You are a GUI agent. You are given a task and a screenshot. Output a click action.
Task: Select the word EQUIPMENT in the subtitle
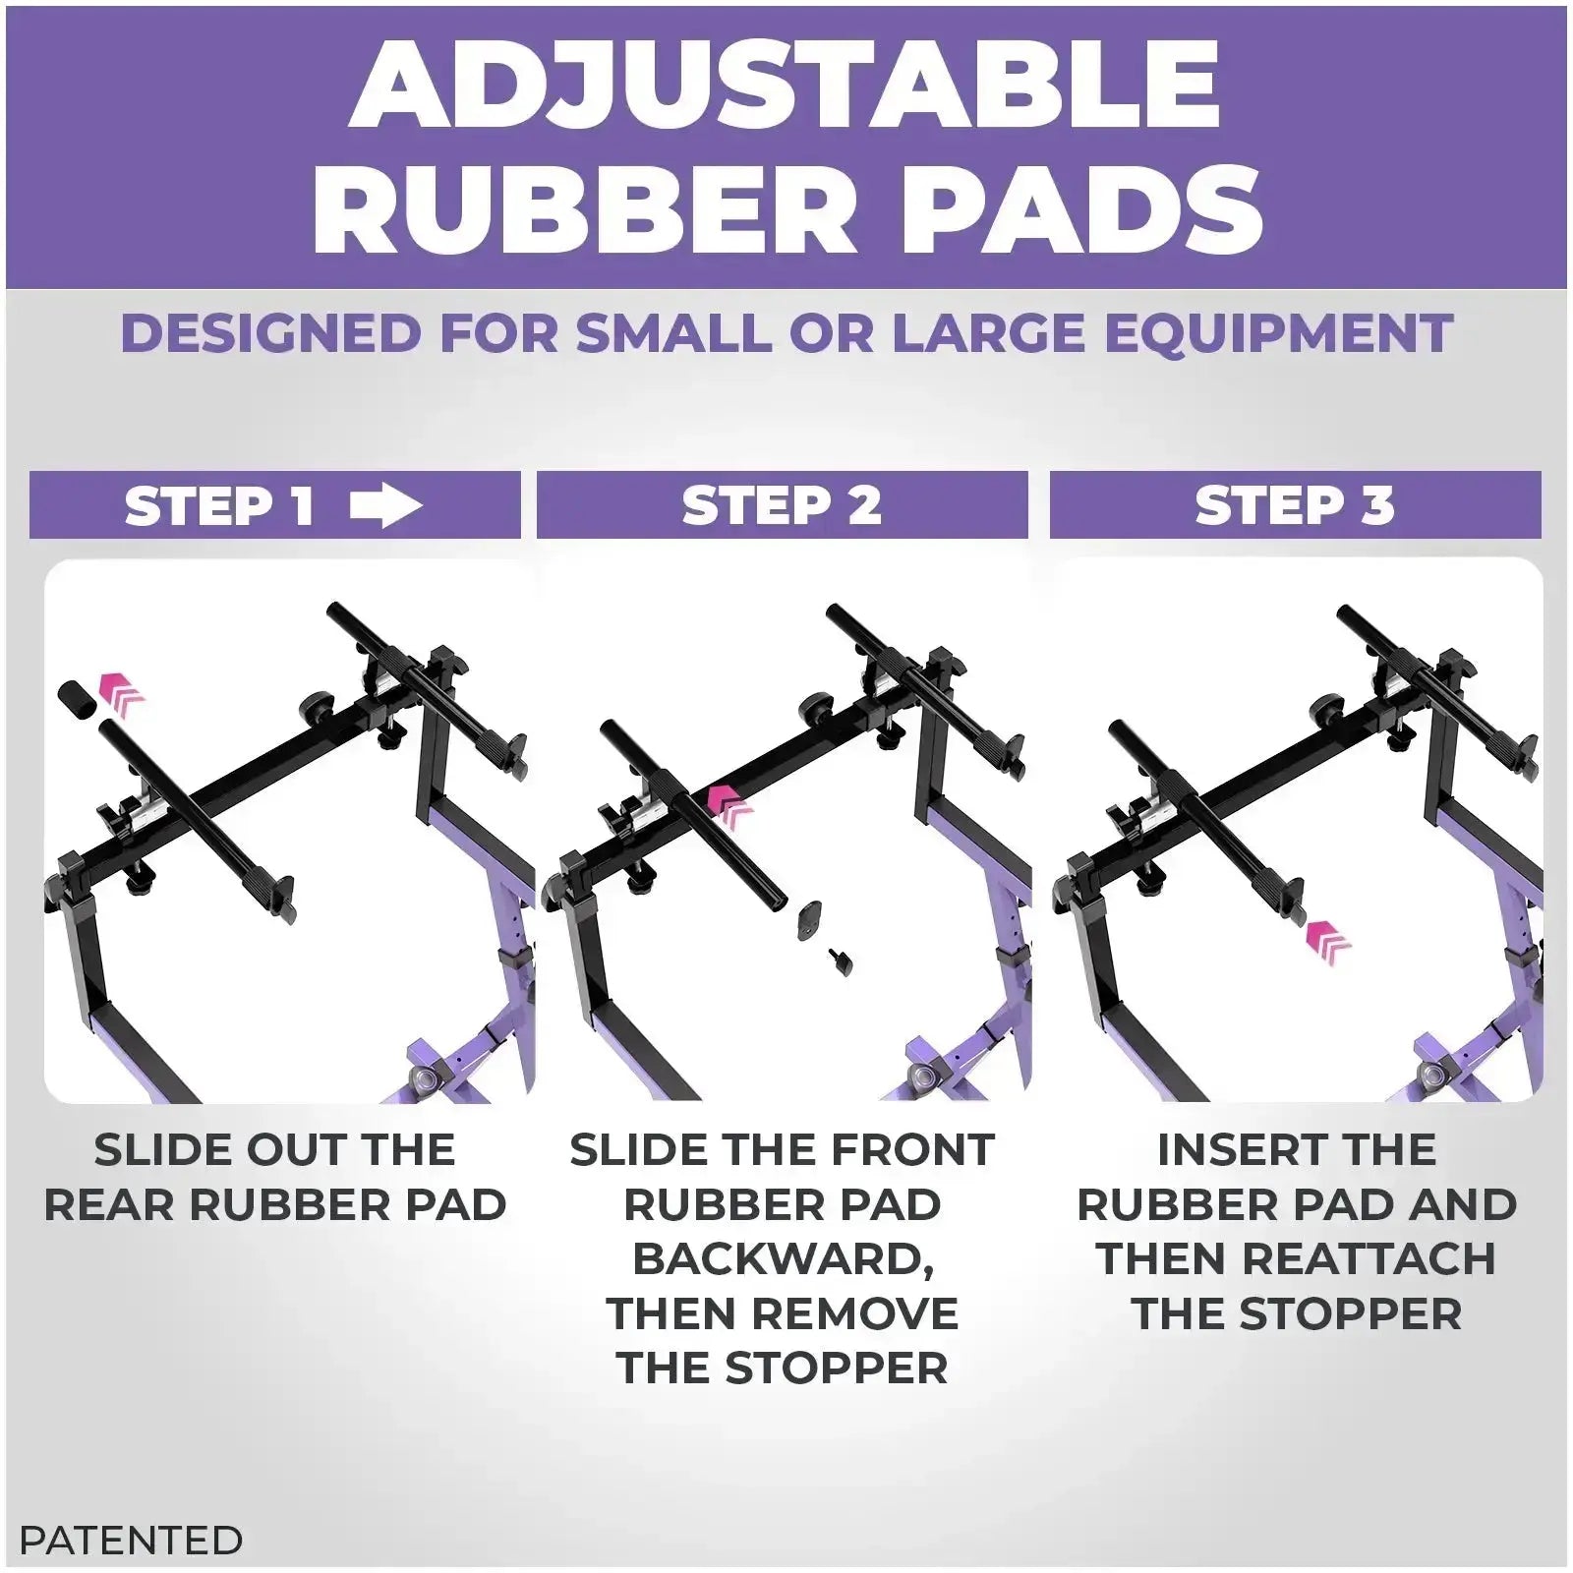coord(1278,333)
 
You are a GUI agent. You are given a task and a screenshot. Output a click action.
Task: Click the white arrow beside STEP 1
coord(385,506)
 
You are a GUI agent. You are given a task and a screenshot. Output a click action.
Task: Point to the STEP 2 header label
coord(782,506)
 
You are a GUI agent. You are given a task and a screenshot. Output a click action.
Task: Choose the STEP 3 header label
coord(1295,506)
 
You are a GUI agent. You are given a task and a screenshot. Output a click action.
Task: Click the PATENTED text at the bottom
coord(131,1540)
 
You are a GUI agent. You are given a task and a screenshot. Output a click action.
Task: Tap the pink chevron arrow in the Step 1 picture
coord(123,693)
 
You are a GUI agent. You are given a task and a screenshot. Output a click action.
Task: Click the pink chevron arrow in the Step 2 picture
coord(729,803)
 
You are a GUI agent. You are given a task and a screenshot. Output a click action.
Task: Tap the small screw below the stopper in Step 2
coord(841,961)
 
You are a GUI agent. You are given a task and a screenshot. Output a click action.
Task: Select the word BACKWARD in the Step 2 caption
coord(782,1259)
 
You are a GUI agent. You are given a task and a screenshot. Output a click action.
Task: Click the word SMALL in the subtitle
coord(674,333)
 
